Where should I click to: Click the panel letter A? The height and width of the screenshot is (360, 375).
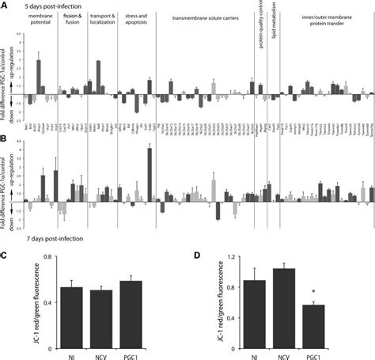(x=6, y=5)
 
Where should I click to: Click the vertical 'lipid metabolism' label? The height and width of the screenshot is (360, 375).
(x=278, y=27)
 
